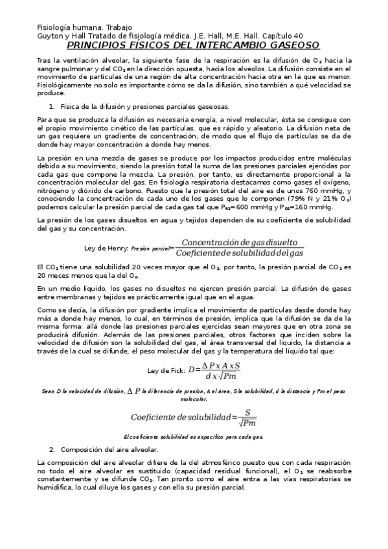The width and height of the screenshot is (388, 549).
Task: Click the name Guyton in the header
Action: coord(50,36)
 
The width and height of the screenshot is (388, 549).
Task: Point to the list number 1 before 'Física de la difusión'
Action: coord(51,107)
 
